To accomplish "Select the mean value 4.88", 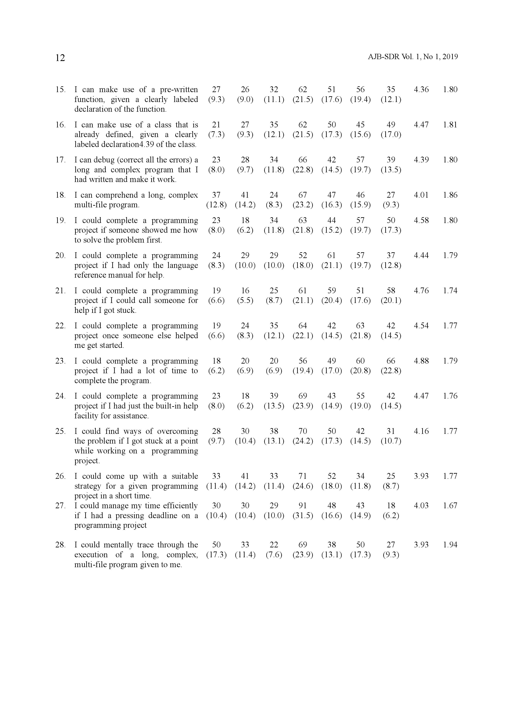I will pyautogui.click(x=421, y=361).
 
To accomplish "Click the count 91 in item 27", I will pyautogui.click(x=303, y=505).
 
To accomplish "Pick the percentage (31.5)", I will pyautogui.click(x=303, y=515).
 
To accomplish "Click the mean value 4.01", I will pyautogui.click(x=421, y=195).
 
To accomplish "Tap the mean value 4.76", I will pyautogui.click(x=421, y=291).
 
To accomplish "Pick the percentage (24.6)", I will pyautogui.click(x=303, y=486).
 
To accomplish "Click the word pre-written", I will pyautogui.click(x=179, y=90).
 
